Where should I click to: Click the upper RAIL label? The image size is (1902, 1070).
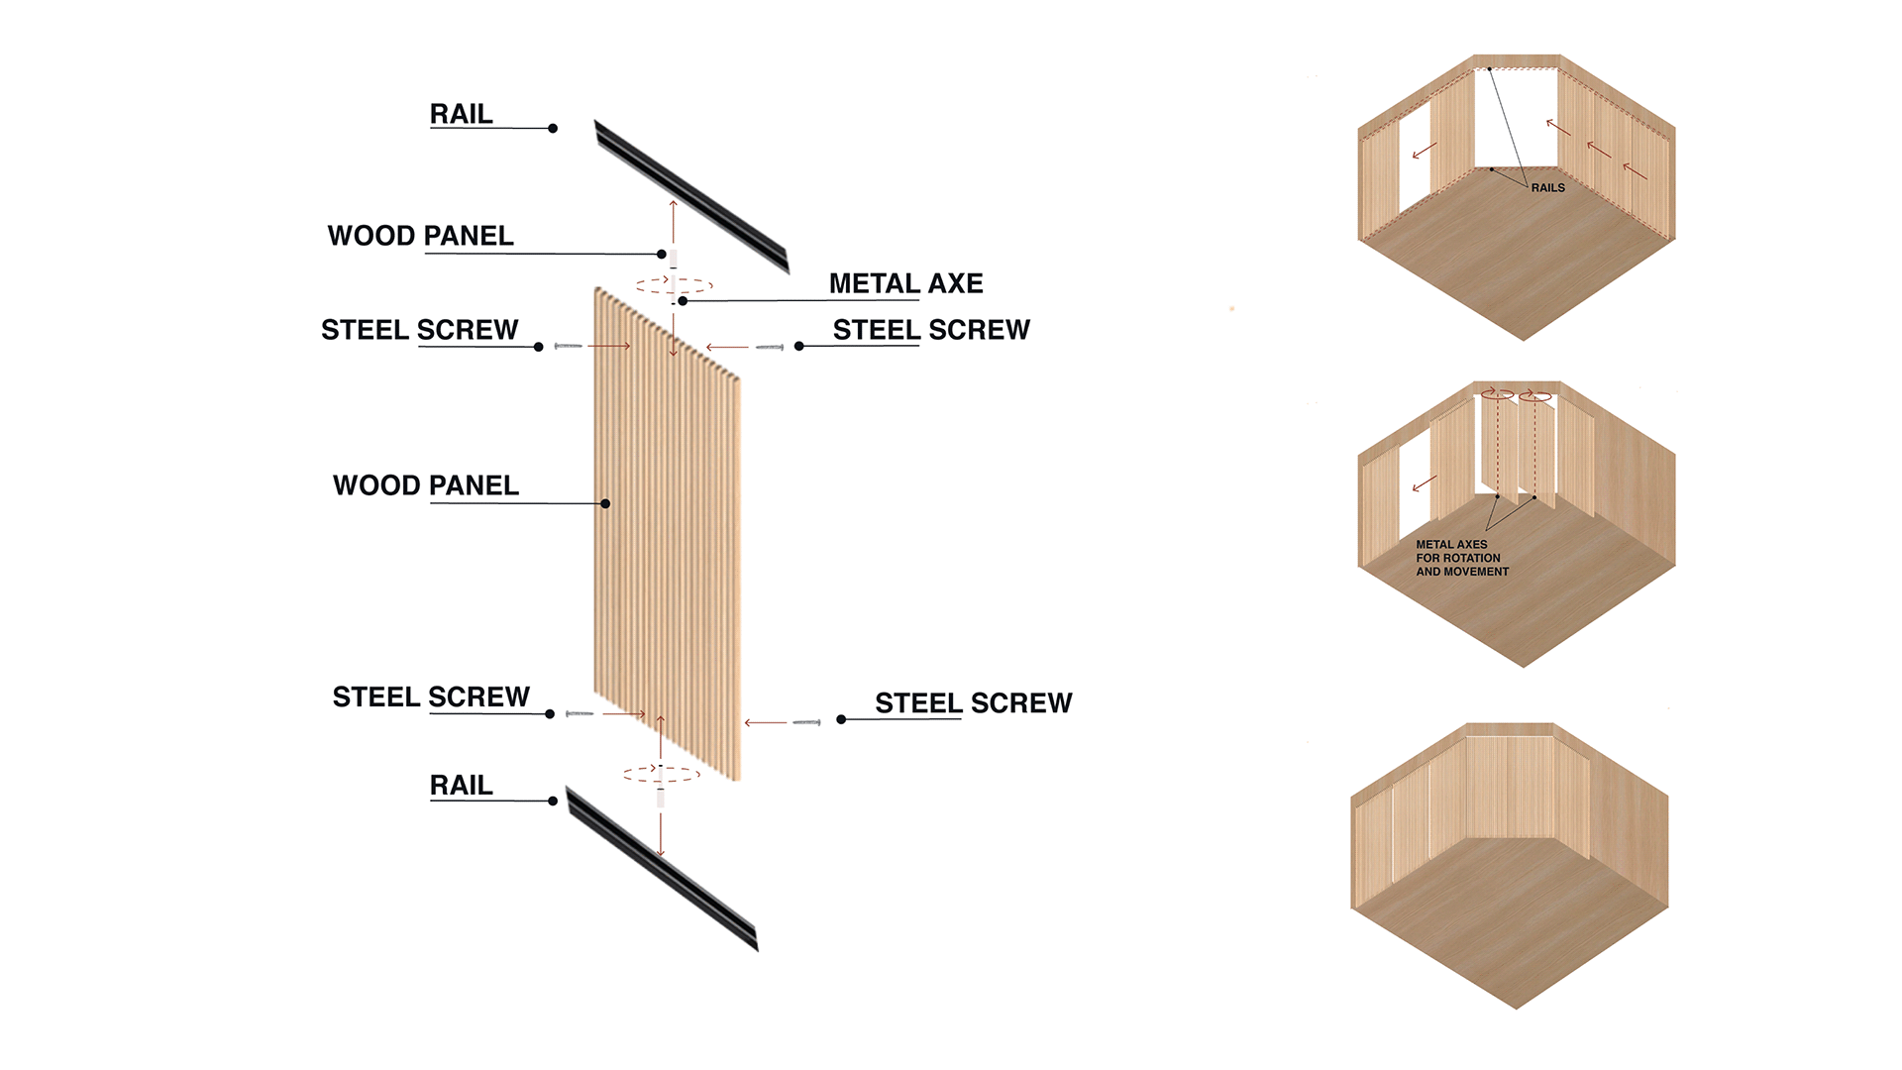click(461, 114)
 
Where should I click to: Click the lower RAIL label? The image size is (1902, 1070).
click(461, 785)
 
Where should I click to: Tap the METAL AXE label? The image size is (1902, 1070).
click(905, 283)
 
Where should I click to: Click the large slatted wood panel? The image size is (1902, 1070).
click(667, 535)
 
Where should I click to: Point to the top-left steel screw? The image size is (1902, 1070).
click(568, 346)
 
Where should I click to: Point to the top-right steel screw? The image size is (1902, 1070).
click(770, 347)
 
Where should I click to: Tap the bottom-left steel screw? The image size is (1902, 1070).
click(580, 713)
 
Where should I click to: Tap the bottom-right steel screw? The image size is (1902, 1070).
click(806, 722)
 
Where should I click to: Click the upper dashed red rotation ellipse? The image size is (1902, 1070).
click(675, 285)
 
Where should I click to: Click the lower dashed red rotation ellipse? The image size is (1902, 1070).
click(662, 774)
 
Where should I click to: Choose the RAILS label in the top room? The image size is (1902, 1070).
click(1547, 187)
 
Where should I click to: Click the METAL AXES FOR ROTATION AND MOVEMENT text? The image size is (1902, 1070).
click(1462, 558)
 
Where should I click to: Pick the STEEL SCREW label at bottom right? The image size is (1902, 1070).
click(973, 702)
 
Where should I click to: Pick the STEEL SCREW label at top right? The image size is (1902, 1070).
click(931, 330)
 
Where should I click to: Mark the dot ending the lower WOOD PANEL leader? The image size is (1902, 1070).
click(605, 503)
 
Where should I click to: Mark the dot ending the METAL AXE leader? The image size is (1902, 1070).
click(683, 300)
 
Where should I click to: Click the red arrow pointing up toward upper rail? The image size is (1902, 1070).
click(674, 220)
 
